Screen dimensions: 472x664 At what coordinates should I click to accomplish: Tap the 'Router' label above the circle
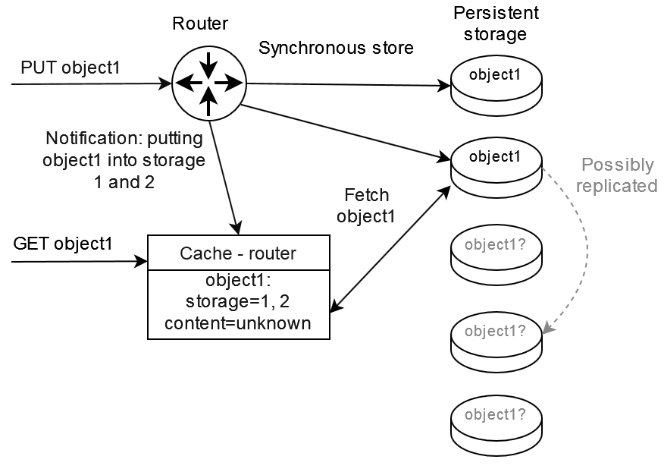(200, 24)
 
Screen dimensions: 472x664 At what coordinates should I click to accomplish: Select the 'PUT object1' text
(70, 67)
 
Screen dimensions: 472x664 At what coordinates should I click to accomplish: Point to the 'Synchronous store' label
(336, 48)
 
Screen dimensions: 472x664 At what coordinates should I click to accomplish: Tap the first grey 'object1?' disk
(496, 251)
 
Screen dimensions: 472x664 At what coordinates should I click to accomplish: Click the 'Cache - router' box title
(237, 253)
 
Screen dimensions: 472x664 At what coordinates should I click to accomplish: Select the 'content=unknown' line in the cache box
(238, 323)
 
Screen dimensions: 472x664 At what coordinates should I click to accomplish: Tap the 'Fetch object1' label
(365, 206)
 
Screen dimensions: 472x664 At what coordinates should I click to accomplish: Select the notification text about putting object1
(124, 160)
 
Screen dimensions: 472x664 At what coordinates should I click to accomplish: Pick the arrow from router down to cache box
(226, 175)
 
